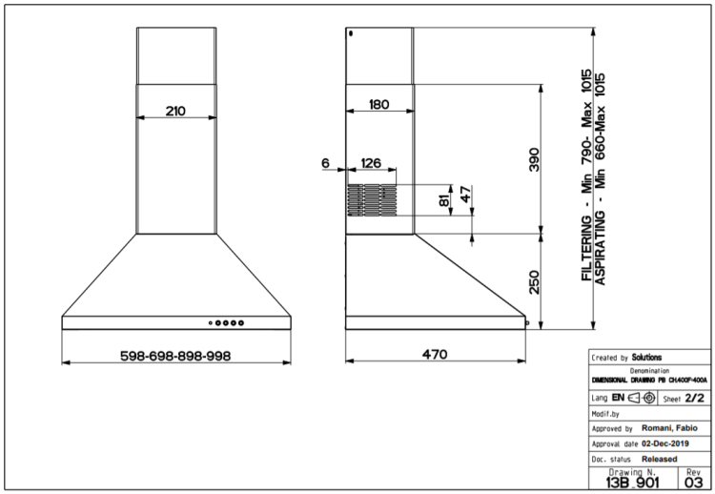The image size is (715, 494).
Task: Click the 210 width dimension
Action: tap(175, 111)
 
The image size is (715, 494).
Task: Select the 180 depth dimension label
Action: tap(378, 105)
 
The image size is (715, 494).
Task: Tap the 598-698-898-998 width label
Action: tap(175, 356)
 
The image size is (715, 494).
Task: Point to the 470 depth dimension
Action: tap(435, 354)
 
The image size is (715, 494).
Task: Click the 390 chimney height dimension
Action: tap(534, 159)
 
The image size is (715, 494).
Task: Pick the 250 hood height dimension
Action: tap(534, 282)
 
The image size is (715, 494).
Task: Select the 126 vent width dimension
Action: tap(371, 163)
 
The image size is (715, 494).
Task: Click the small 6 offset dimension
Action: tap(325, 163)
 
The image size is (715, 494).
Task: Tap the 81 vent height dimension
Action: tap(444, 198)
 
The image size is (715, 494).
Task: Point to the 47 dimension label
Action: tap(465, 195)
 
